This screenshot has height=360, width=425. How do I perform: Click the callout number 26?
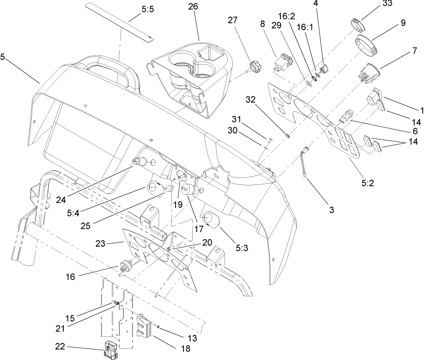(x=193, y=7)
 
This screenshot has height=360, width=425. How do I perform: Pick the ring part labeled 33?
(x=358, y=25)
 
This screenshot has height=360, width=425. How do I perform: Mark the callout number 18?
(x=185, y=348)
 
